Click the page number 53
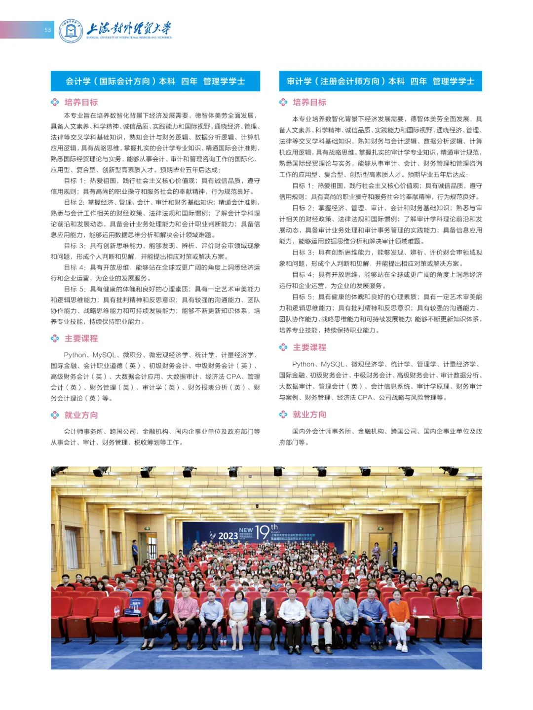(47, 30)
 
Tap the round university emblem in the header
(71, 31)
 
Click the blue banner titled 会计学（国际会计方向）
(155, 81)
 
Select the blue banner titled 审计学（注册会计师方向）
(380, 81)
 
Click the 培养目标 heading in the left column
(81, 102)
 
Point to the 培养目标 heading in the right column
(309, 102)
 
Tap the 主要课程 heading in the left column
(81, 338)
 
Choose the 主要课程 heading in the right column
(309, 347)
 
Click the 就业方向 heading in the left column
(81, 415)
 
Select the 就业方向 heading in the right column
(309, 414)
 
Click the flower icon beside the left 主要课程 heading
(55, 338)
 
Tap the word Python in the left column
(75, 355)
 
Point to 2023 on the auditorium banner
(228, 536)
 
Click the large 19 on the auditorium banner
(262, 532)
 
